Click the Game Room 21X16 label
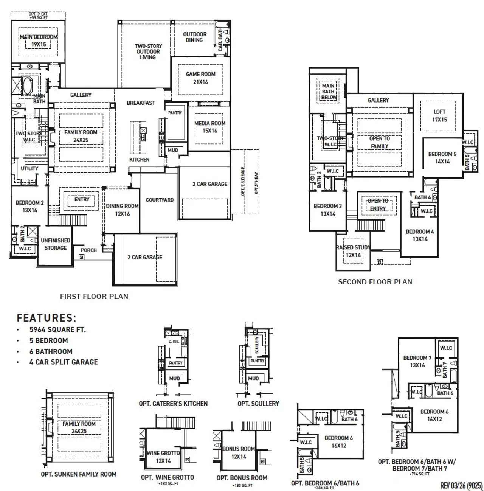200,78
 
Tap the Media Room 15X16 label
210,127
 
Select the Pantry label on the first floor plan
175,113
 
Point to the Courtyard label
160,200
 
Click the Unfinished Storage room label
56,244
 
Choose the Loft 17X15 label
439,115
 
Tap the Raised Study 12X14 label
353,251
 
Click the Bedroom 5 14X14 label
442,158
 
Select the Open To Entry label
378,205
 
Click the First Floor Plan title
94,297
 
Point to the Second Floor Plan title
375,282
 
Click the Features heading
46,317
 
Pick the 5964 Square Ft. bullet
57,329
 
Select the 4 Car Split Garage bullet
64,362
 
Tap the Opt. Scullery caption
258,404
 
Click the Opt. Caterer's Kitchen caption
173,404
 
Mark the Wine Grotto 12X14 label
163,457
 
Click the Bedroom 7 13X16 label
417,361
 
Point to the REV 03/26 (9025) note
461,485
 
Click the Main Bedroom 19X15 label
39,40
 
